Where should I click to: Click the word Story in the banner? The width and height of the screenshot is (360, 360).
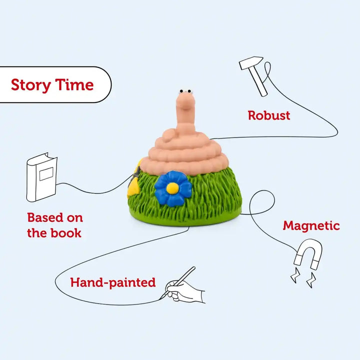31,85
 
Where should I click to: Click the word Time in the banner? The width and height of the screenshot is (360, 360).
74,84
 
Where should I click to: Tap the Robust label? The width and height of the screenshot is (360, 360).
269,115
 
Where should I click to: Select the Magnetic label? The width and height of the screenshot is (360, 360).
311,226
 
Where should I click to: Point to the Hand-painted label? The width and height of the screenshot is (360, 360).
113,282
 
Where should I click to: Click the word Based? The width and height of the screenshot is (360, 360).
45,217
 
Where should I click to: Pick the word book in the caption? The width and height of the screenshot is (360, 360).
66,233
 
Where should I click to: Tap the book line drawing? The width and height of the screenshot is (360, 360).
42,177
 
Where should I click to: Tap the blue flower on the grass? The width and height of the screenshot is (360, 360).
173,188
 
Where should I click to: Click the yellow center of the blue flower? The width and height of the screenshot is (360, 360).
172,188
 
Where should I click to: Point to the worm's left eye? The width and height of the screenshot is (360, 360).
181,91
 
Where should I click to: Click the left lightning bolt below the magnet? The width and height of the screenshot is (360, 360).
295,275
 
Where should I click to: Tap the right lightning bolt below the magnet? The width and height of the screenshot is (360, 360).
311,280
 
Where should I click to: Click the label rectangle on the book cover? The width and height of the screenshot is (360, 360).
46,174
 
